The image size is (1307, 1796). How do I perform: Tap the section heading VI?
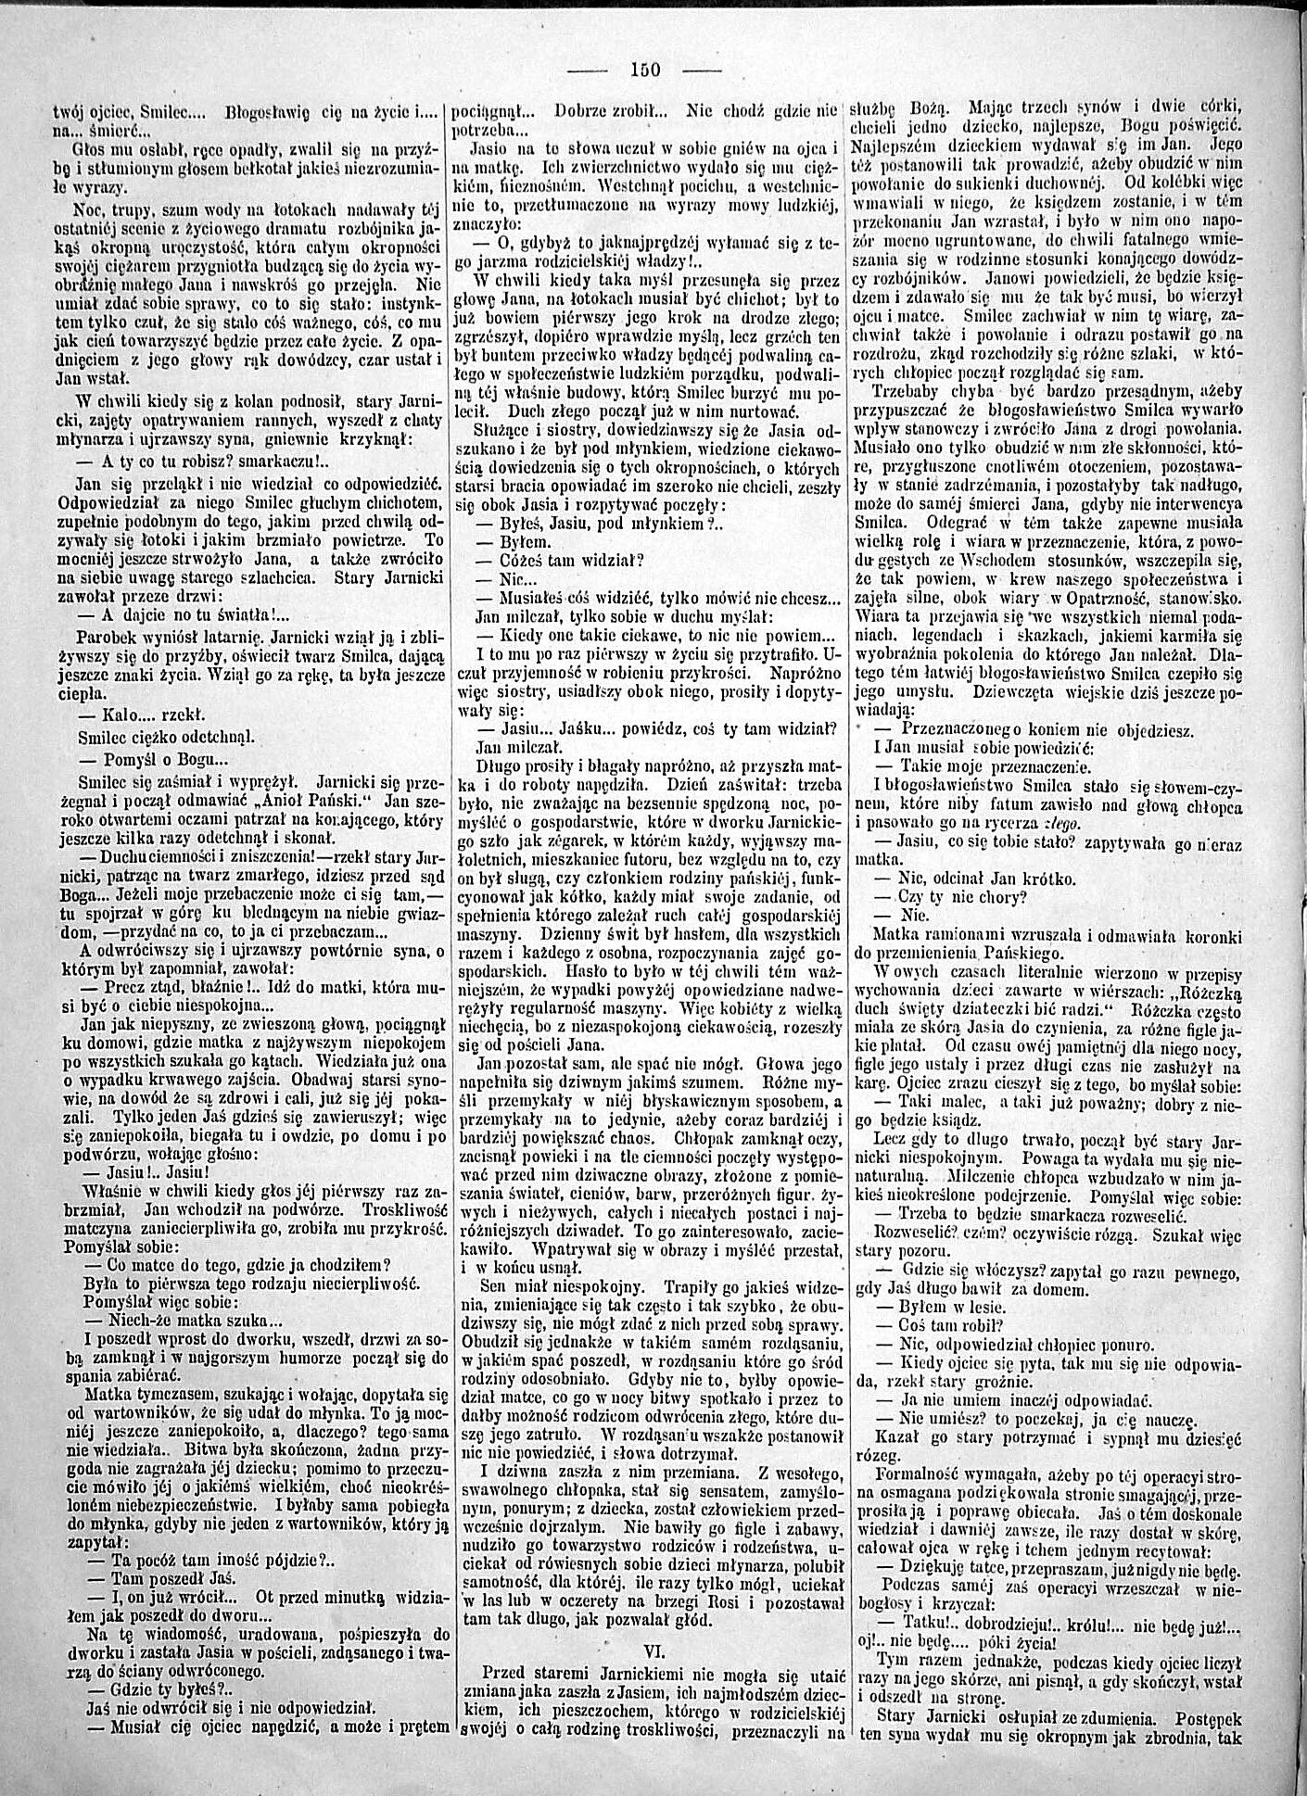tap(655, 1648)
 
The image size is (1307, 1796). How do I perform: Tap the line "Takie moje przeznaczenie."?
tap(992, 766)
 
